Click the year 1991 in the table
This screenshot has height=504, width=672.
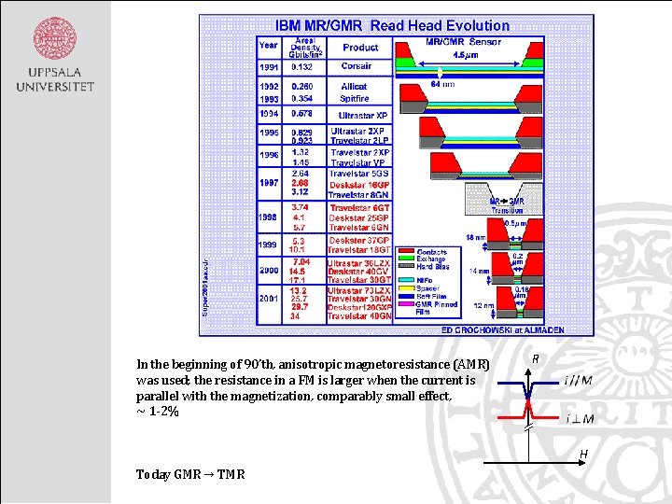click(x=269, y=67)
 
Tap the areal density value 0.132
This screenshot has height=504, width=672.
click(x=302, y=67)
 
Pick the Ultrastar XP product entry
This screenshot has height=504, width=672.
click(x=363, y=116)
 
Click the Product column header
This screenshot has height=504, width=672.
click(x=360, y=48)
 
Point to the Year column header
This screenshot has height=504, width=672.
click(x=269, y=45)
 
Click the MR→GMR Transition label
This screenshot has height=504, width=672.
click(x=507, y=206)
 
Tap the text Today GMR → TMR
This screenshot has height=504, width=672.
click(x=190, y=474)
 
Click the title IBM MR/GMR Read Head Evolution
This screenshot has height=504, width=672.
click(x=392, y=25)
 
